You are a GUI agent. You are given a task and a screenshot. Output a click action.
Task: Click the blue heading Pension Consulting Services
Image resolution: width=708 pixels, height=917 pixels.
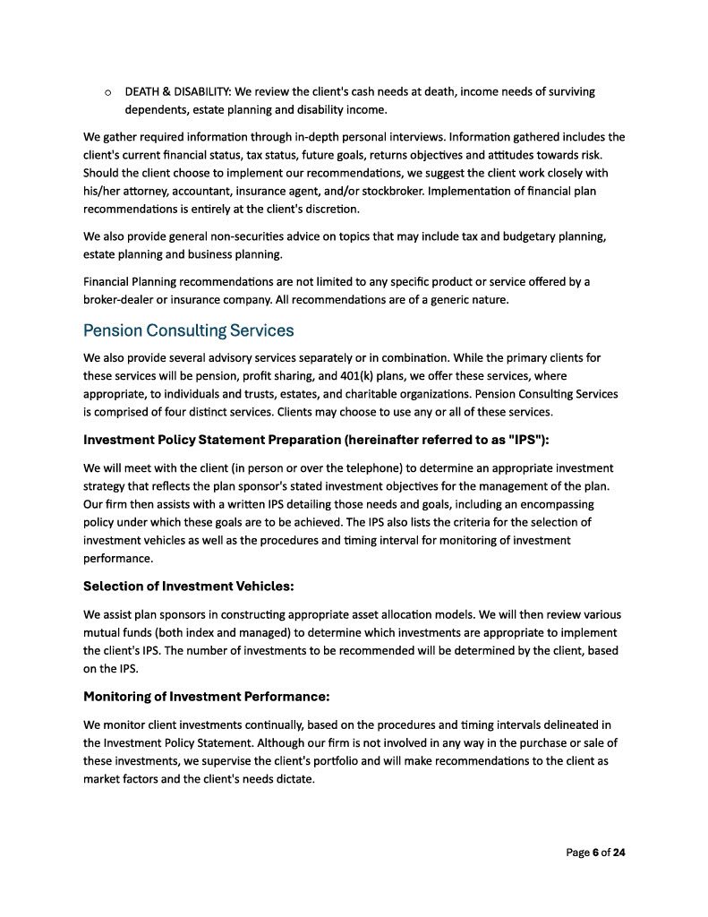tap(188, 330)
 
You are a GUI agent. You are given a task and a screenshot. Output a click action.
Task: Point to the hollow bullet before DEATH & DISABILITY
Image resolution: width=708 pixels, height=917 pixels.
tap(107, 92)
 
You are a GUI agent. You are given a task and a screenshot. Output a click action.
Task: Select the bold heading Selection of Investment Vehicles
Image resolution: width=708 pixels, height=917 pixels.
tap(188, 586)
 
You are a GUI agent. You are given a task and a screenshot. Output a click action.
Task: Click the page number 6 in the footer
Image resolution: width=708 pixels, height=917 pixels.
tap(595, 853)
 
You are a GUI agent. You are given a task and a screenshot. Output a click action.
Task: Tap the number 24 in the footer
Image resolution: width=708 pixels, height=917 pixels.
tap(618, 853)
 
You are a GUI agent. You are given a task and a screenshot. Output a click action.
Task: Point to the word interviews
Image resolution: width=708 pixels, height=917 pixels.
tap(373, 137)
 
